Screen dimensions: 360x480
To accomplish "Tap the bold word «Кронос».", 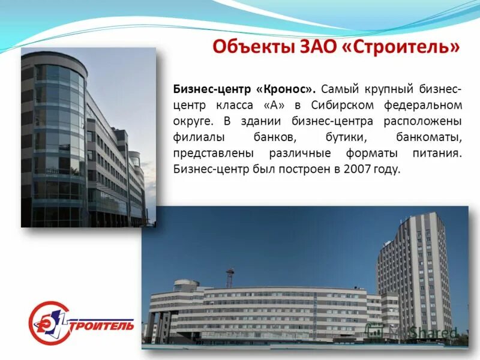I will coord(286,89).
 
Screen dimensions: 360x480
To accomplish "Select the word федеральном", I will coord(427,105).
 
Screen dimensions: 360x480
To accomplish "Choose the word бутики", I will coord(353,137).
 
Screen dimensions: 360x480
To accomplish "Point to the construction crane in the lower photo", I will coord(230,277).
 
